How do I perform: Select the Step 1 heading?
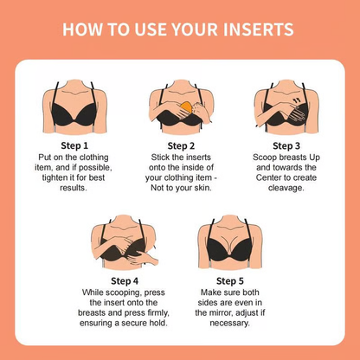click(74, 146)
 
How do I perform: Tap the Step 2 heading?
click(179, 146)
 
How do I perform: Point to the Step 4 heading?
click(127, 280)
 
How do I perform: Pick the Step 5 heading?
click(231, 280)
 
